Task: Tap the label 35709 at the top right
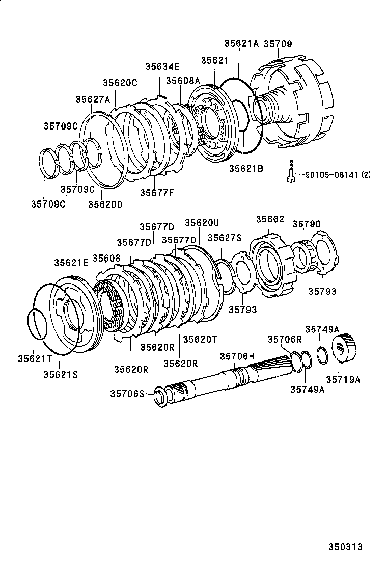coord(278,44)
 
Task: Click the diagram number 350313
coord(345,547)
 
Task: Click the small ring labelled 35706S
coord(160,396)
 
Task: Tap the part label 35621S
coord(60,374)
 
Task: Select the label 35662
coord(270,219)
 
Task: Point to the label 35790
coord(307,224)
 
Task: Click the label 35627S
coord(225,237)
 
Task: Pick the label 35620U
coord(202,222)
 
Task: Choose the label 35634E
coord(162,66)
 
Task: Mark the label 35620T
coord(200,339)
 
